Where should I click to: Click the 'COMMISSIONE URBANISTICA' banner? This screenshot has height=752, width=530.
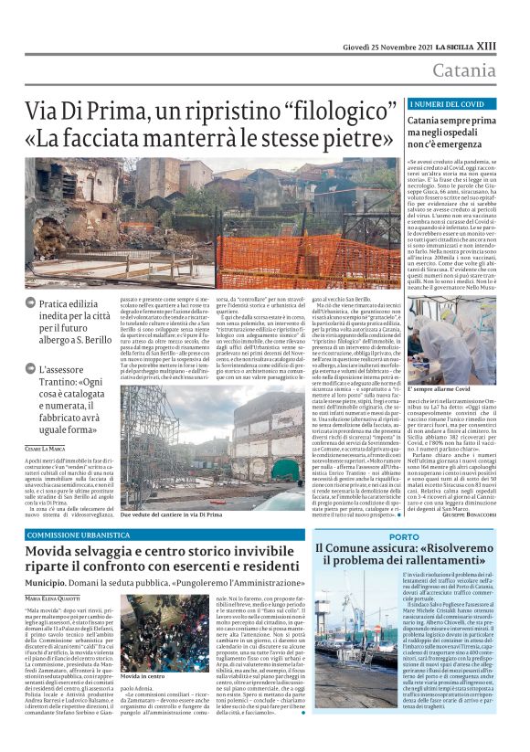click(80, 533)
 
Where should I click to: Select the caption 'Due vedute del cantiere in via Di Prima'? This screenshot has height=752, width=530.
click(187, 515)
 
